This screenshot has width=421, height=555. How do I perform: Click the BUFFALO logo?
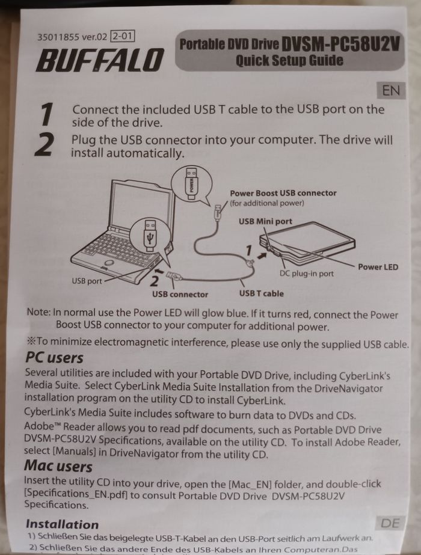pyautogui.click(x=100, y=60)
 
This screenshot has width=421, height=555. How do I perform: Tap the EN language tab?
pyautogui.click(x=391, y=91)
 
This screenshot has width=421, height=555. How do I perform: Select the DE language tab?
pyautogui.click(x=390, y=523)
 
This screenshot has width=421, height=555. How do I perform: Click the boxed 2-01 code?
pyautogui.click(x=123, y=36)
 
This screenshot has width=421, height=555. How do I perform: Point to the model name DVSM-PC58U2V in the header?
pyautogui.click(x=340, y=44)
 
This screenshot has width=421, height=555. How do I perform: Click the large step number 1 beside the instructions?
pyautogui.click(x=47, y=114)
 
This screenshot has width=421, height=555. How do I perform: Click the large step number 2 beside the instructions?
pyautogui.click(x=45, y=144)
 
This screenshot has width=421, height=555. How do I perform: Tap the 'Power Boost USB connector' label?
pyautogui.click(x=283, y=193)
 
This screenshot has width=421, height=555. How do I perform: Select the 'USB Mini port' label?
pyautogui.click(x=265, y=221)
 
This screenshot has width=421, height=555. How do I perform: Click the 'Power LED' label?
pyautogui.click(x=378, y=267)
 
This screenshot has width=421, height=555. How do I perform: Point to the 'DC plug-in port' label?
pyautogui.click(x=307, y=274)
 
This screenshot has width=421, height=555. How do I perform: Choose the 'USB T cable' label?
pyautogui.click(x=261, y=293)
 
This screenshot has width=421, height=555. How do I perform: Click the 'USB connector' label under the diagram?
pyautogui.click(x=180, y=294)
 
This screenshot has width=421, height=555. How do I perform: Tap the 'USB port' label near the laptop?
pyautogui.click(x=87, y=281)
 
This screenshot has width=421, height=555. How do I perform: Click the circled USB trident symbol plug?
pyautogui.click(x=150, y=235)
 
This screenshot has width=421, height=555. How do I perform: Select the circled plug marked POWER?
pyautogui.click(x=192, y=184)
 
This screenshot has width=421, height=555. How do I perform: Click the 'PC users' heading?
pyautogui.click(x=54, y=358)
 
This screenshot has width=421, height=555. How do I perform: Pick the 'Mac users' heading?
pyautogui.click(x=58, y=466)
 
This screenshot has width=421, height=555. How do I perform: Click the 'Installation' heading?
pyautogui.click(x=63, y=524)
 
